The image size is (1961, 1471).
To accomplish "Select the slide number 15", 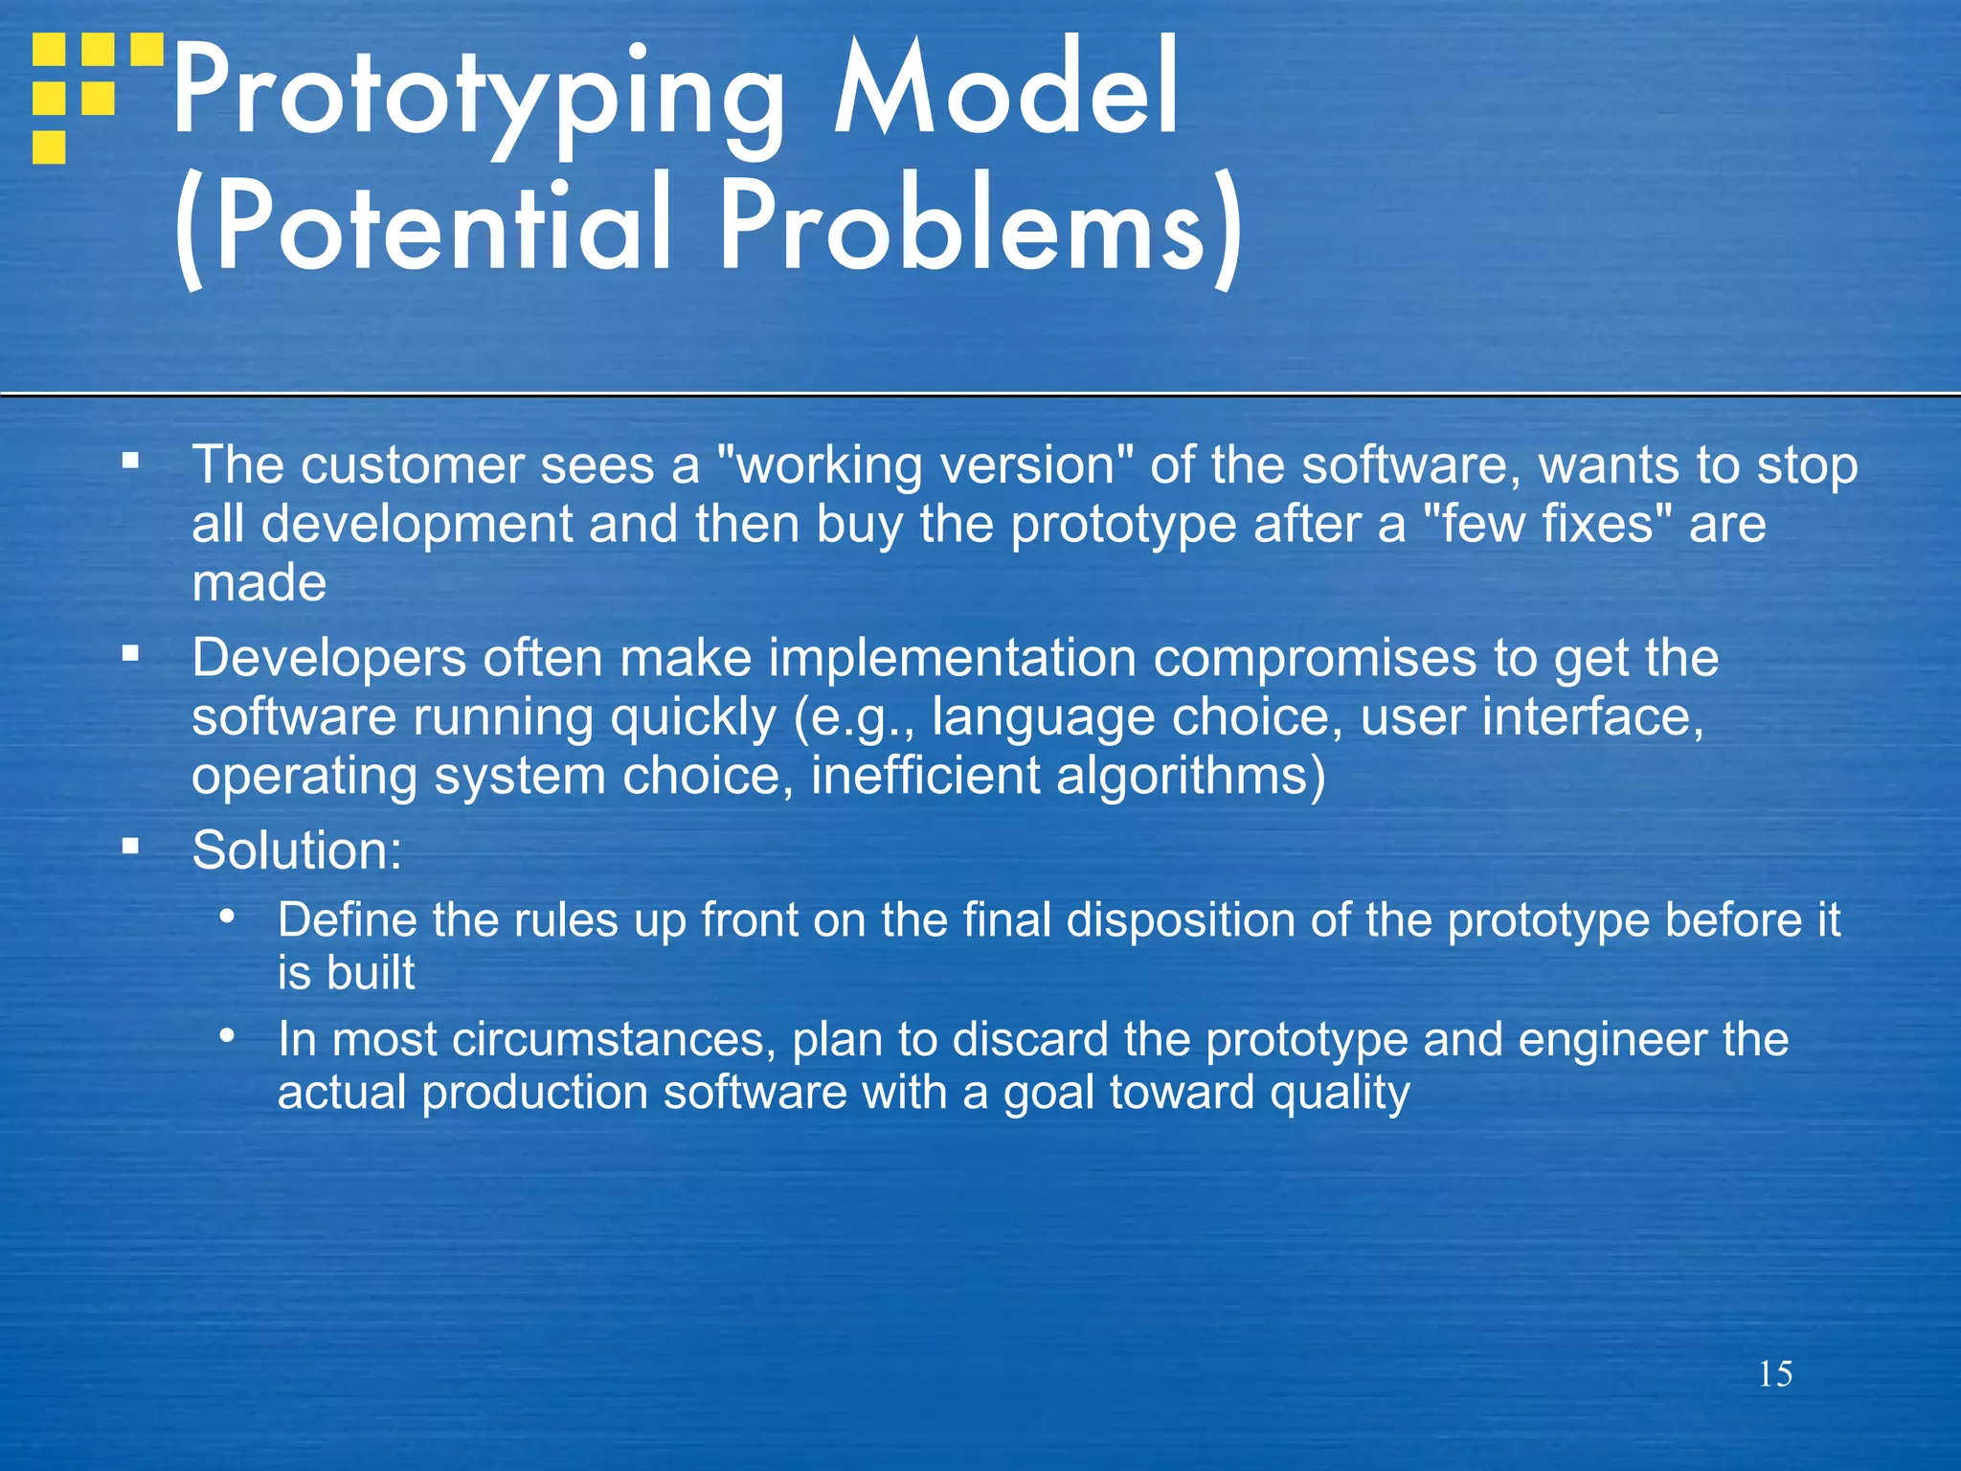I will point(1775,1374).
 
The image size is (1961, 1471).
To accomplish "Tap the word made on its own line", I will point(259,584).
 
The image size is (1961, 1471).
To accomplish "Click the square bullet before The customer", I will point(131,462).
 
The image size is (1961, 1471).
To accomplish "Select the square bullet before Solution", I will point(131,847).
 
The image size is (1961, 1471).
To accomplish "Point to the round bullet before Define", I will point(227,917).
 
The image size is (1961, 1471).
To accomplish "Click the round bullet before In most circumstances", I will point(227,1035).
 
